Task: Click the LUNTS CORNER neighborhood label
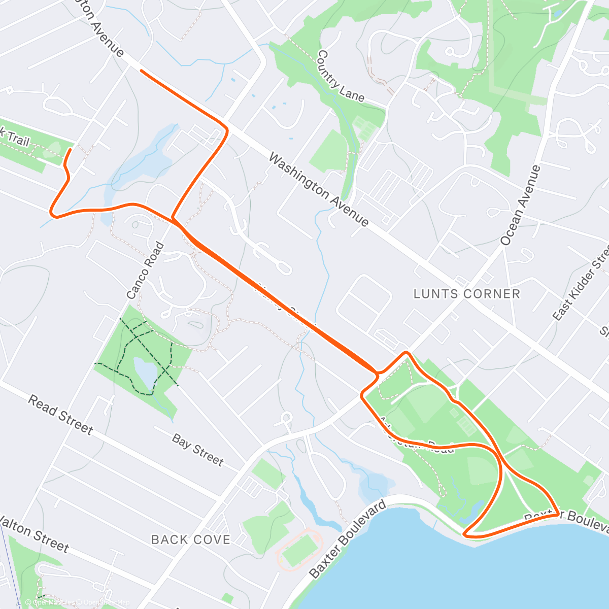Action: pyautogui.click(x=466, y=294)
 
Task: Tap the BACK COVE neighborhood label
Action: pyautogui.click(x=191, y=539)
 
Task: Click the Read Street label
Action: pyautogui.click(x=60, y=416)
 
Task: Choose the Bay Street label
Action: pyautogui.click(x=197, y=450)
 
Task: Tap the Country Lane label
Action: pyautogui.click(x=340, y=76)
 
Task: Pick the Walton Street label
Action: pyautogui.click(x=35, y=533)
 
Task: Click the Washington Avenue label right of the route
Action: pyautogui.click(x=318, y=190)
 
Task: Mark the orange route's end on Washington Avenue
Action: pyautogui.click(x=141, y=72)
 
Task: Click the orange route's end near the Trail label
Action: pyautogui.click(x=70, y=149)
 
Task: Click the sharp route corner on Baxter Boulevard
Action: pyautogui.click(x=558, y=514)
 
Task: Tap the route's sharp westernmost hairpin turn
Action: pyautogui.click(x=52, y=213)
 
